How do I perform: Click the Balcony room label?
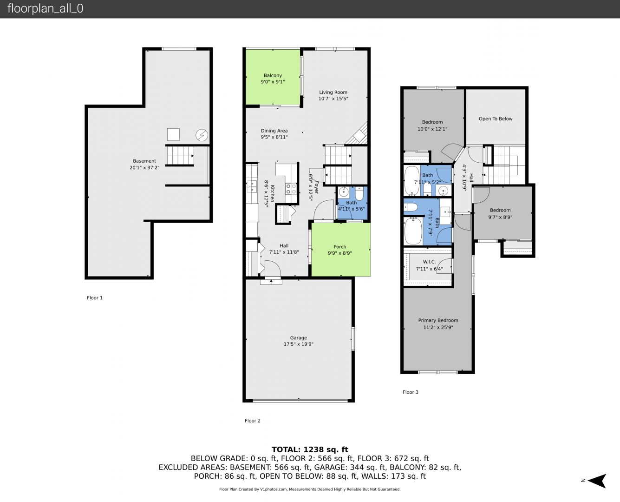(273, 75)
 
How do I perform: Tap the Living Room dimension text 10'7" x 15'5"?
(333, 99)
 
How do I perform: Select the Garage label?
(298, 337)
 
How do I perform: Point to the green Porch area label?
(339, 247)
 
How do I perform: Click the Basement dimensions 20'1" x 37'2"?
(144, 167)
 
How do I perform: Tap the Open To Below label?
(496, 119)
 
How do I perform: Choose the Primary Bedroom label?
(438, 320)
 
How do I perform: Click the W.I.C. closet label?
(429, 262)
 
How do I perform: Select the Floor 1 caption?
(95, 298)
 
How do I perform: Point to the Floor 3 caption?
(411, 392)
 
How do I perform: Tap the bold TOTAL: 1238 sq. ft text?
(310, 449)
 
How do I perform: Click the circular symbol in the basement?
(202, 135)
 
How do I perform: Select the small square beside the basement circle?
(173, 134)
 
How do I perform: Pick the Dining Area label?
(274, 131)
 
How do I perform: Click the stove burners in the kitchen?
(291, 189)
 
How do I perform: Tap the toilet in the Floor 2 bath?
(359, 194)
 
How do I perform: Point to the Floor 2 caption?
(253, 421)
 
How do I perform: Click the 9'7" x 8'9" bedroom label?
(500, 217)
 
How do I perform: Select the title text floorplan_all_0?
(46, 8)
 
